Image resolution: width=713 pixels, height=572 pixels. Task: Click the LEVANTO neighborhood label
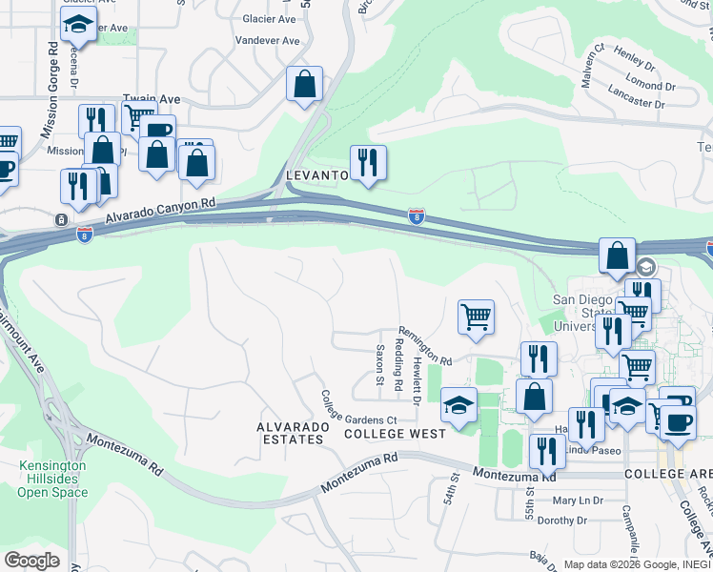[316, 176]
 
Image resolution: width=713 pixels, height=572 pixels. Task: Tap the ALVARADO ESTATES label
[293, 432]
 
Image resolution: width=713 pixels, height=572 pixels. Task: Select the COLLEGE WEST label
[395, 433]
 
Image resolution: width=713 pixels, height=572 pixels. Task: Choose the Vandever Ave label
[267, 42]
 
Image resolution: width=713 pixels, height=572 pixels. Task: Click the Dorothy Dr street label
[562, 521]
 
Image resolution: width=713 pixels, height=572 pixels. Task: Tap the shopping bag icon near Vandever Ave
[304, 84]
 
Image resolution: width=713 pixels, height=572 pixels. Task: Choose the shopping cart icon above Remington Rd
[476, 317]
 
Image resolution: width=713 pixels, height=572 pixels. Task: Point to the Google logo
[32, 561]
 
